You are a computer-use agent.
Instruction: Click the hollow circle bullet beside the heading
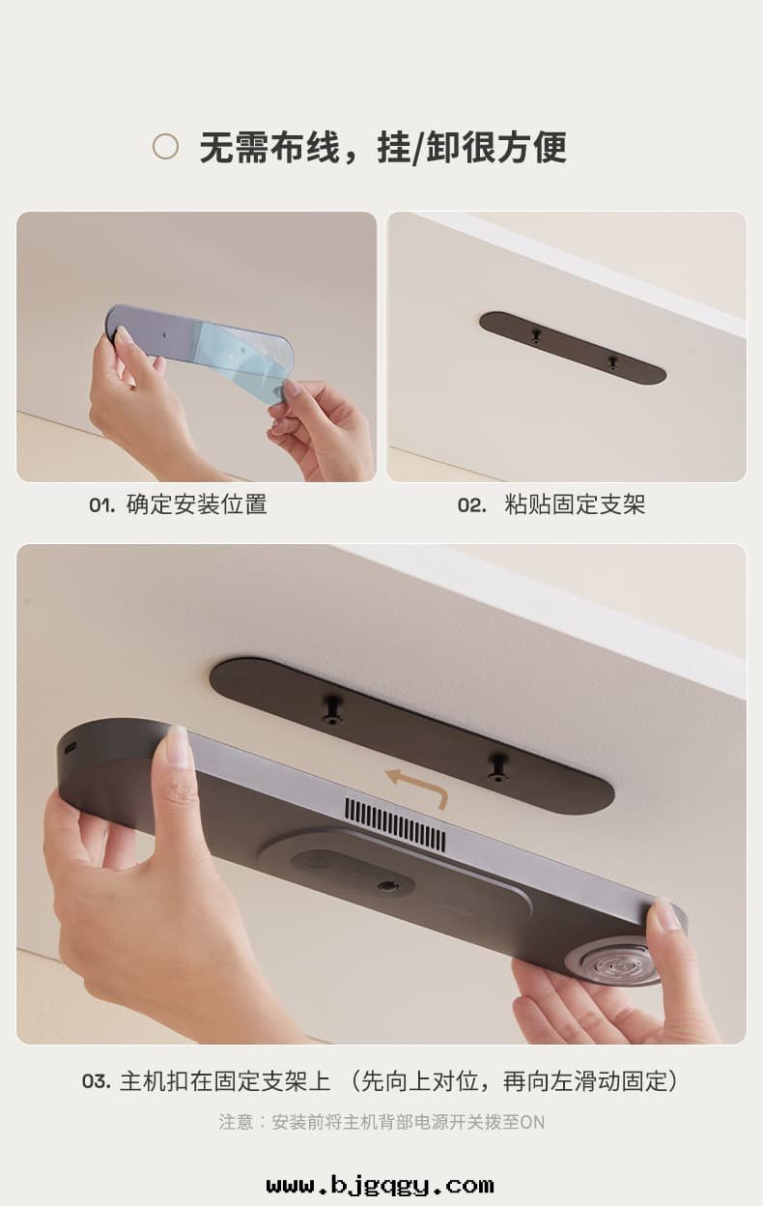point(166,147)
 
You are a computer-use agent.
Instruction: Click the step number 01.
point(101,505)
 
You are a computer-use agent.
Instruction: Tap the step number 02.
point(471,505)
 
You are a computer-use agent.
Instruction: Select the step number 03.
point(96,1081)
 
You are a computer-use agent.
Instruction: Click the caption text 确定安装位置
point(197,504)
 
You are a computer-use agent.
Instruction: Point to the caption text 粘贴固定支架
point(575,504)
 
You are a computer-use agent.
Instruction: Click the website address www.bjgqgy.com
point(381,1185)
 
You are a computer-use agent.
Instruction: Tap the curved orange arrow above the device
point(416,785)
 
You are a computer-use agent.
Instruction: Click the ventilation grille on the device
point(396,824)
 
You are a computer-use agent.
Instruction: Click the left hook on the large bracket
point(333,710)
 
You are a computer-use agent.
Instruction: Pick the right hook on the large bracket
point(498,768)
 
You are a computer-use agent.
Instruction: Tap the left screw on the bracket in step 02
point(536,335)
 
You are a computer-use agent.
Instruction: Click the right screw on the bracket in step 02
point(612,362)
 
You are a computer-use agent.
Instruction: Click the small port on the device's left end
point(70,746)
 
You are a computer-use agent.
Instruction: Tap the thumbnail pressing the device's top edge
point(178,747)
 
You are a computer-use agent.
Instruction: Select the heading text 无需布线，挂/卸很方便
point(382,148)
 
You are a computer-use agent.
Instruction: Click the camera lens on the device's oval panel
point(388,885)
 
